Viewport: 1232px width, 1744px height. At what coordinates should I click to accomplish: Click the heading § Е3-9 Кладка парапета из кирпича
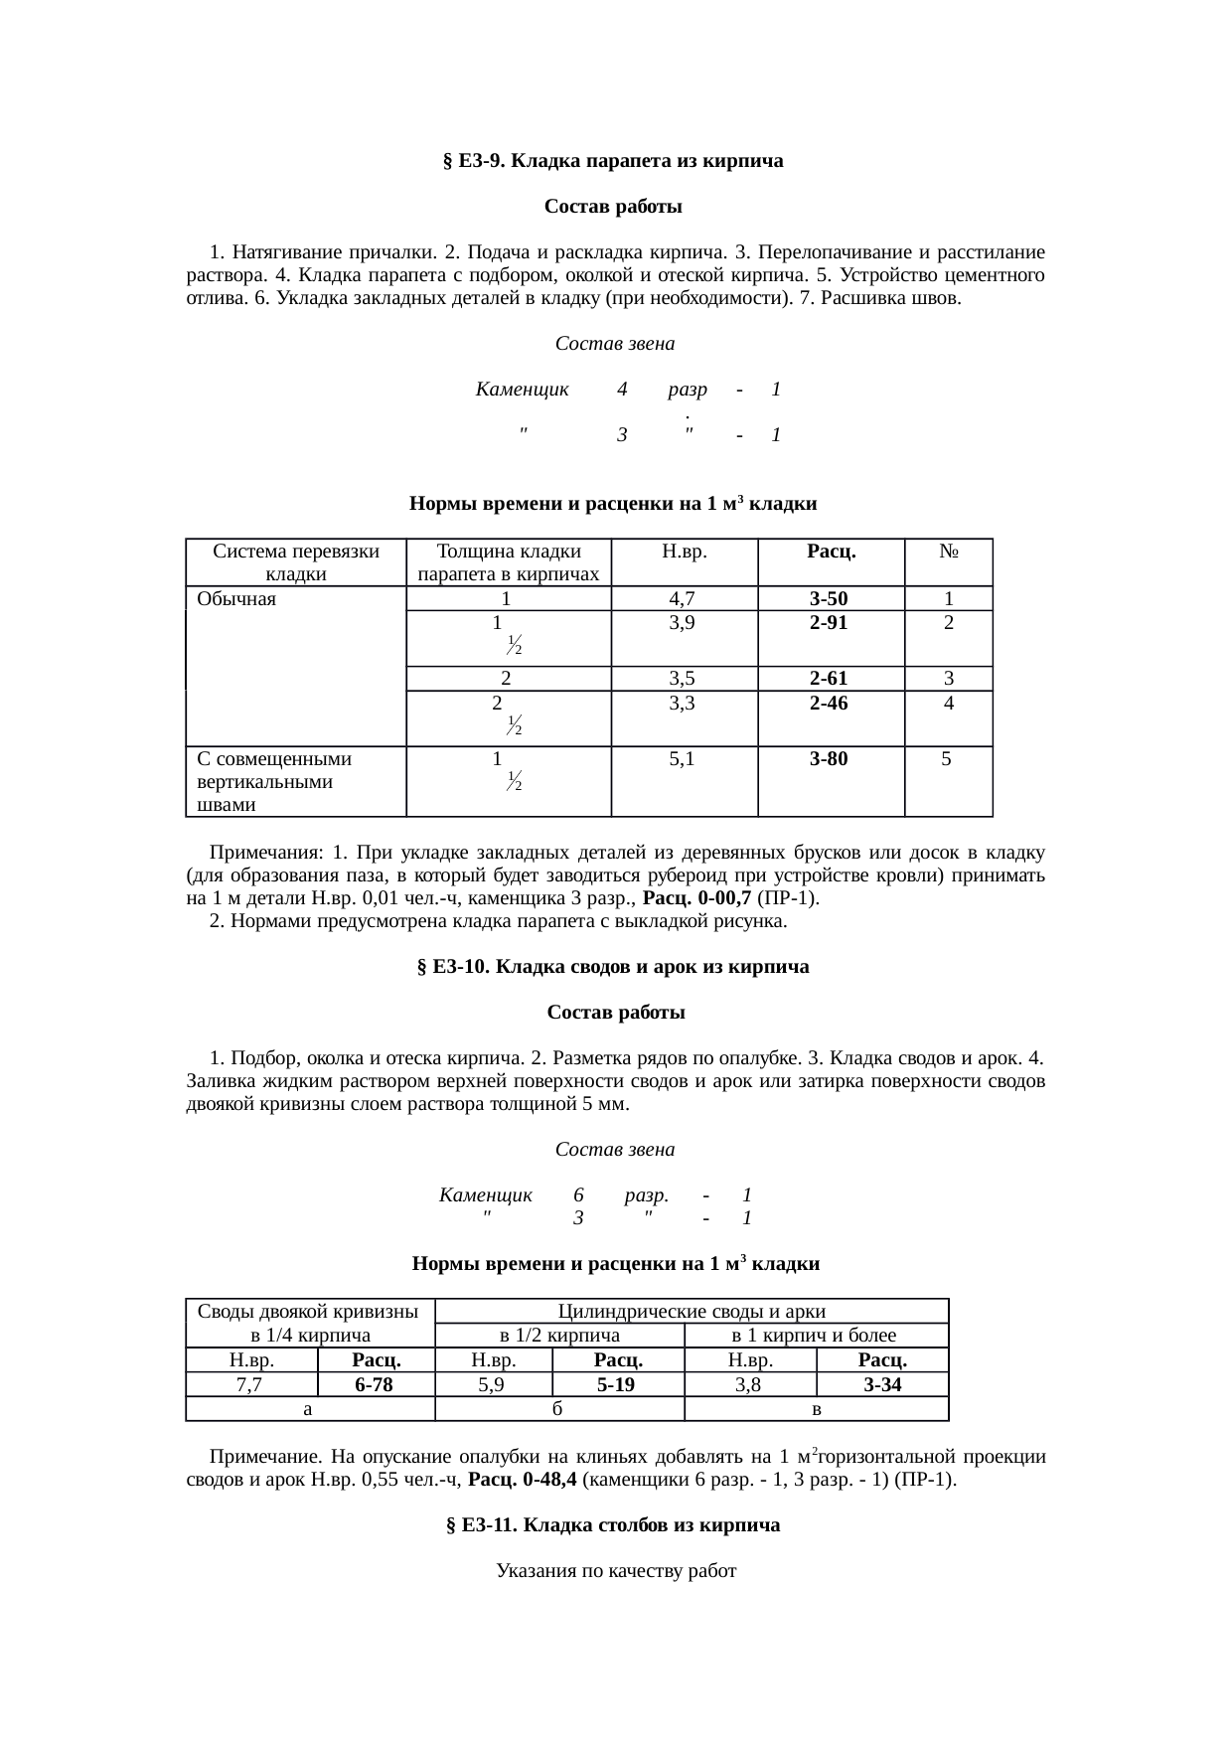[x=613, y=161]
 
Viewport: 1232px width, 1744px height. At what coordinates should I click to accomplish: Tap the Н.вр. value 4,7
[x=684, y=599]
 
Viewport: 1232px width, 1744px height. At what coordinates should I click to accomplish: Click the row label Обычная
[x=236, y=599]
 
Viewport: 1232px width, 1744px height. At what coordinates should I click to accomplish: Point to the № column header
[x=948, y=551]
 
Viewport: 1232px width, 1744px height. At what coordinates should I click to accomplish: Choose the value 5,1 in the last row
[x=684, y=759]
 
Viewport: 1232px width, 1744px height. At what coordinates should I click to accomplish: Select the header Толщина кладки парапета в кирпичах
[x=508, y=562]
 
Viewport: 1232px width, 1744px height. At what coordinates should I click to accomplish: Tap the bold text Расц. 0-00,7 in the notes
[x=697, y=899]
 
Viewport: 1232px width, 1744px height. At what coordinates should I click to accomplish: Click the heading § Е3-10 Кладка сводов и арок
[x=613, y=967]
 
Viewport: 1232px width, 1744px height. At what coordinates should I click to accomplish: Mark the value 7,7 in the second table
[x=250, y=1385]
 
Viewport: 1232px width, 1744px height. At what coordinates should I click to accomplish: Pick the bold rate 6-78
[x=376, y=1385]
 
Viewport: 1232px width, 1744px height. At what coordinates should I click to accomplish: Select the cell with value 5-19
[x=617, y=1385]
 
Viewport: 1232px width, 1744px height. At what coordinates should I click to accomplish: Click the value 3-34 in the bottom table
[x=881, y=1385]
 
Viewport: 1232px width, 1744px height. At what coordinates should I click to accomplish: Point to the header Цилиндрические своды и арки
[x=692, y=1312]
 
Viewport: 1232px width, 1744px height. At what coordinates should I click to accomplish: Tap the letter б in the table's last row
[x=559, y=1408]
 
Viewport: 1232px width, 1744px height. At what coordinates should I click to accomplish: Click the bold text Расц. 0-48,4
[x=523, y=1481]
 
